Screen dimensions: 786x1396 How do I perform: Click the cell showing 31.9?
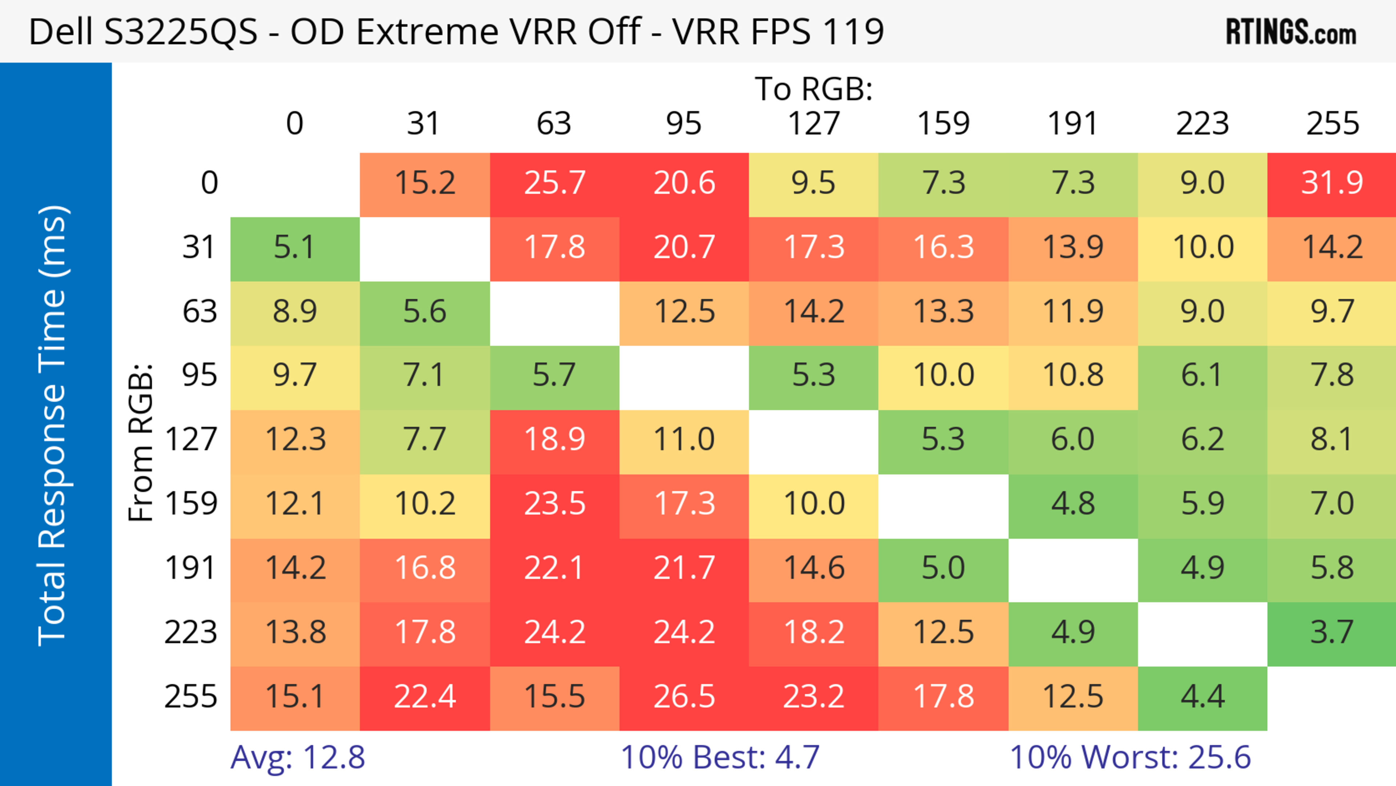coord(1332,183)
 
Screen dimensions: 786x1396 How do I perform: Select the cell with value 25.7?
coord(554,183)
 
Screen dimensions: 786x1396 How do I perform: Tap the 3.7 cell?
coord(1332,633)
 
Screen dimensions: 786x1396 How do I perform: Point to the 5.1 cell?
coord(295,248)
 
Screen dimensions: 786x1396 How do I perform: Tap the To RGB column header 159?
coord(943,124)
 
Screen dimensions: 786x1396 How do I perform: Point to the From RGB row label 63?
coord(200,312)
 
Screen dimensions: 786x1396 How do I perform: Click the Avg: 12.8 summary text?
coord(297,757)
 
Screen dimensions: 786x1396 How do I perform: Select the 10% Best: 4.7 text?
coord(720,757)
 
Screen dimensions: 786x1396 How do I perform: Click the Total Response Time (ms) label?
coord(53,426)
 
